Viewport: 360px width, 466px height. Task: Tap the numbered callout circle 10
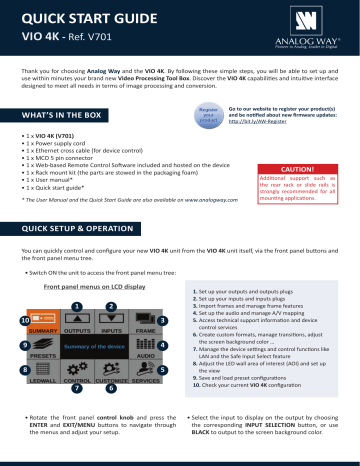click(x=24, y=320)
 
